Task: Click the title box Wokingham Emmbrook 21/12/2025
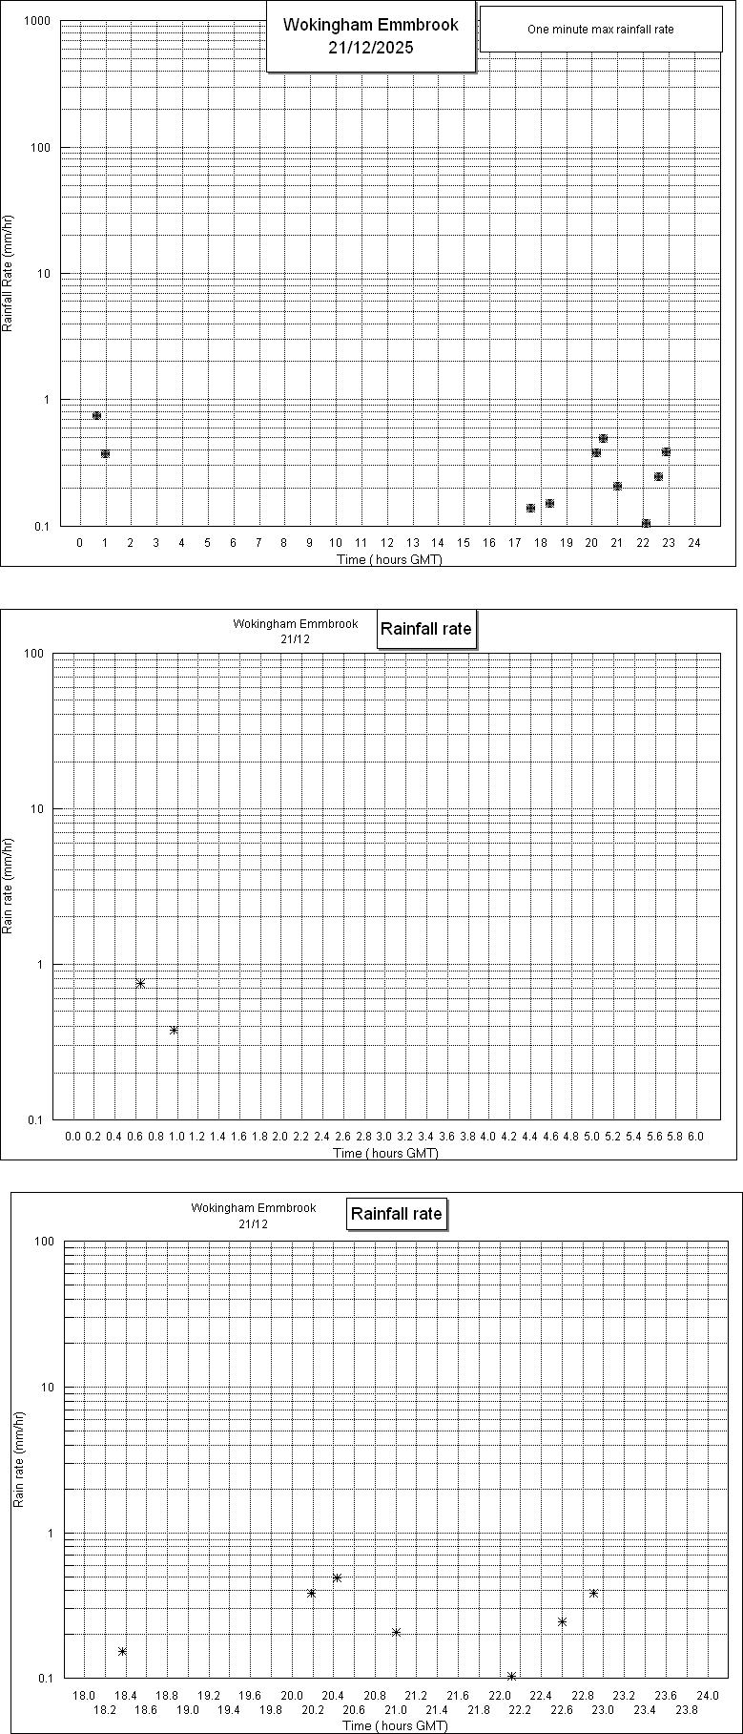[370, 36]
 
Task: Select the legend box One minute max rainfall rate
[600, 30]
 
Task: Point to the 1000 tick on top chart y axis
[37, 21]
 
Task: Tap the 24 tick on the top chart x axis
[694, 543]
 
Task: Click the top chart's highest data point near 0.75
[96, 415]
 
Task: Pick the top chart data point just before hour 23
[666, 451]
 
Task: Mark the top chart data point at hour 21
[617, 486]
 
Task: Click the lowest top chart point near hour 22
[646, 523]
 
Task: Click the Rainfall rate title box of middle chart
[425, 630]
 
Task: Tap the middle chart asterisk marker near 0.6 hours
[140, 983]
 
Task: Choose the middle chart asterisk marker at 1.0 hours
[174, 1030]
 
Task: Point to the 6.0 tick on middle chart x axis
[695, 1137]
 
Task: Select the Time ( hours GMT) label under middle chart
[385, 1153]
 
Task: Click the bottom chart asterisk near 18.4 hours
[122, 1651]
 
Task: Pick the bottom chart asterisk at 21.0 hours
[396, 1632]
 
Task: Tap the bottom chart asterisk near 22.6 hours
[562, 1621]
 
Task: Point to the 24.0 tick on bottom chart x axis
[708, 1694]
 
